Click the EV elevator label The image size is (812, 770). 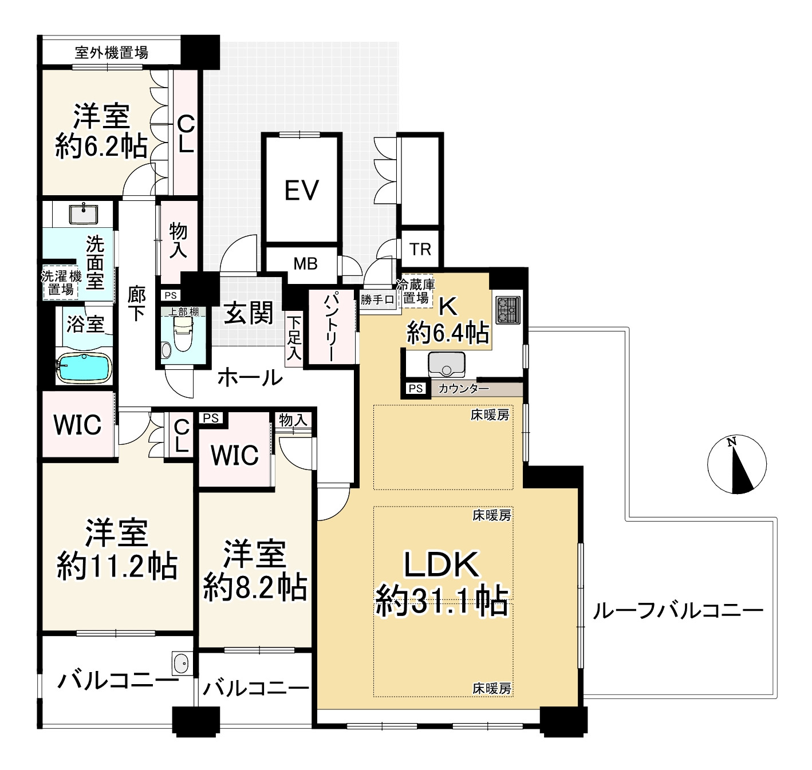[x=302, y=190]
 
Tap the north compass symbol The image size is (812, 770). [x=736, y=464]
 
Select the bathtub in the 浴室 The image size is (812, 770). [x=84, y=369]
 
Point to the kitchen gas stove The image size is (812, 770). [x=507, y=310]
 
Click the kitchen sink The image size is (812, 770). [x=446, y=363]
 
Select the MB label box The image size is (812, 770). [x=305, y=264]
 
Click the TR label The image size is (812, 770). [x=420, y=250]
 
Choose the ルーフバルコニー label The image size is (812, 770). [x=677, y=611]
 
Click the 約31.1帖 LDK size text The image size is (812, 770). [x=442, y=601]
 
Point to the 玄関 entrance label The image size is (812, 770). [x=249, y=313]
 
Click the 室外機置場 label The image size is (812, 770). [x=111, y=53]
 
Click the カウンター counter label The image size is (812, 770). [x=463, y=389]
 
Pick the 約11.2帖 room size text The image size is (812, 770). [x=117, y=566]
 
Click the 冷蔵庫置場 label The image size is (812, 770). [x=416, y=291]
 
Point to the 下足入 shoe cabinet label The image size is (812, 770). [x=294, y=338]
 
